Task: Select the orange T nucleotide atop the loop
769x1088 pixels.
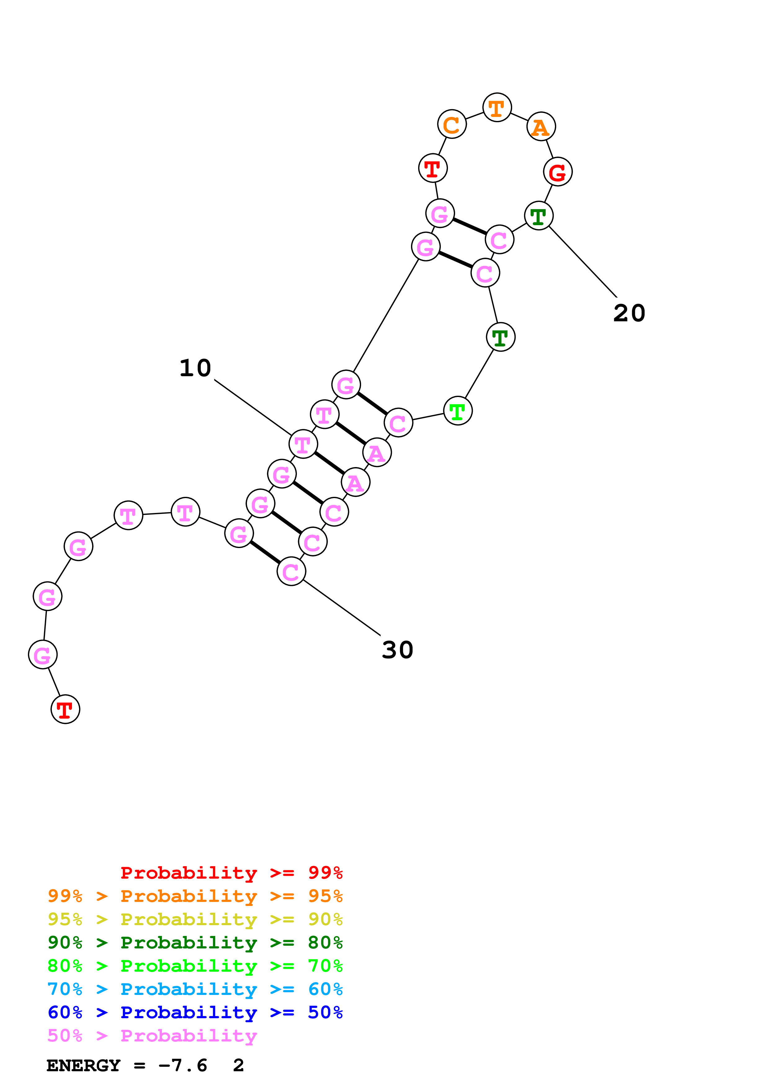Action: (x=497, y=108)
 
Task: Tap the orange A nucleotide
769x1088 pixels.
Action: (x=541, y=127)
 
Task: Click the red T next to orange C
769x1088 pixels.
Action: (x=433, y=168)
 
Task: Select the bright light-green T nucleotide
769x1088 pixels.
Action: (x=458, y=411)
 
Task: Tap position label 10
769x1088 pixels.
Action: (x=195, y=368)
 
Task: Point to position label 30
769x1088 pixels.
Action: (x=398, y=650)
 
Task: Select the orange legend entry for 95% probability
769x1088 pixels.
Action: (x=195, y=896)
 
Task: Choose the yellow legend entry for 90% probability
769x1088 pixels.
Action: (x=195, y=919)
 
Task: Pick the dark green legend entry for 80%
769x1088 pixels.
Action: (x=195, y=943)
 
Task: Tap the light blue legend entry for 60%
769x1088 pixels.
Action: (x=195, y=989)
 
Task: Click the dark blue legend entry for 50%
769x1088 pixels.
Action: (x=195, y=1012)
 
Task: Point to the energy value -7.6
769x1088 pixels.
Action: (x=183, y=1065)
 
